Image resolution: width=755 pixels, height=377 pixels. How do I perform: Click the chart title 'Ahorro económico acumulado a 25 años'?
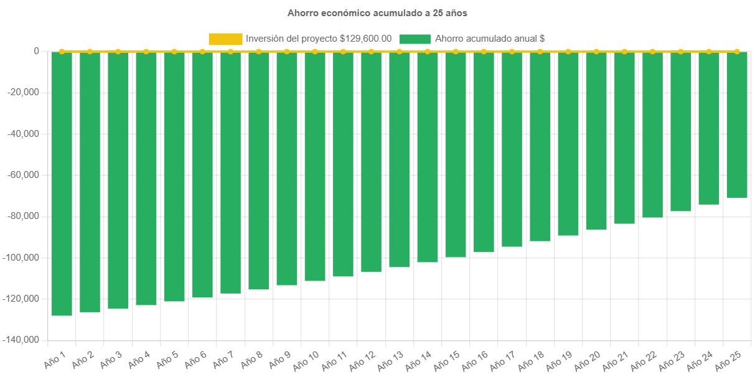[377, 12]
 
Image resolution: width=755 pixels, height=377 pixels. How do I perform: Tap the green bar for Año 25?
[737, 124]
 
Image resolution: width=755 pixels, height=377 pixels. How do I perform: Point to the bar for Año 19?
[568, 144]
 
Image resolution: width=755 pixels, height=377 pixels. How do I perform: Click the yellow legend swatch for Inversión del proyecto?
[225, 39]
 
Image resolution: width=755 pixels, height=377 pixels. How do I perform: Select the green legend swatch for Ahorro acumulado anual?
[415, 39]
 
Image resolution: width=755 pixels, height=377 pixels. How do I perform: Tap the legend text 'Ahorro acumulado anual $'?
[490, 39]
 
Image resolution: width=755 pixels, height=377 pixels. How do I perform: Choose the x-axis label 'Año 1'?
[55, 359]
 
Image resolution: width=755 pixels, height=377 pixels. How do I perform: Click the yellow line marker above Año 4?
[146, 51]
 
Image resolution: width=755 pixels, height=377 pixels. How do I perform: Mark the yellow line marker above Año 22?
[652, 51]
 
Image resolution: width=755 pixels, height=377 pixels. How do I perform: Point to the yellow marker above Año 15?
[456, 51]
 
